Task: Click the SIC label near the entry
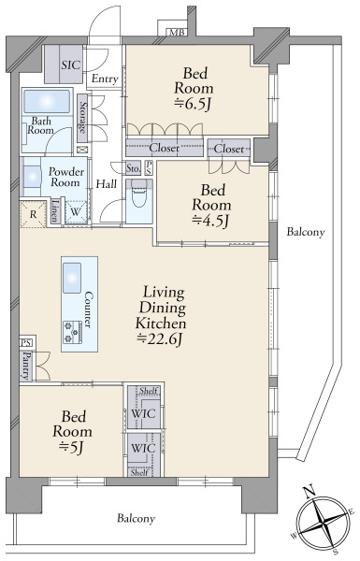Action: click(x=70, y=65)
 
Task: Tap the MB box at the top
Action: click(x=177, y=33)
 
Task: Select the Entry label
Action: click(x=105, y=79)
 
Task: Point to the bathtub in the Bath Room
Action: click(x=47, y=101)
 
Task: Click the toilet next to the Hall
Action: click(x=139, y=194)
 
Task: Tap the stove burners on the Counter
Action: click(x=73, y=332)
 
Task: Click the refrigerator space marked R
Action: click(x=33, y=214)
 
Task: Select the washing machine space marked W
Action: click(x=76, y=212)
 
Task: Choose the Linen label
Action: click(x=55, y=210)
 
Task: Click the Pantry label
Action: click(x=26, y=366)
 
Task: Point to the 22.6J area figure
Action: click(x=160, y=338)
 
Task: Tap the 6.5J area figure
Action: click(x=193, y=104)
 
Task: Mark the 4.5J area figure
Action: click(x=210, y=221)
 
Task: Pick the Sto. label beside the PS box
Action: click(x=133, y=167)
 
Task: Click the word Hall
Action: click(x=107, y=184)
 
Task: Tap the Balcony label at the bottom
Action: click(x=136, y=518)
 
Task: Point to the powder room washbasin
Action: click(x=32, y=177)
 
